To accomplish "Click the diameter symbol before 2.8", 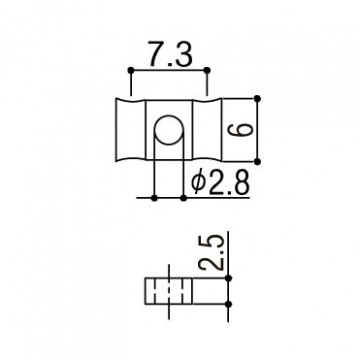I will [x=197, y=183].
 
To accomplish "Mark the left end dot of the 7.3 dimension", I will [x=129, y=70].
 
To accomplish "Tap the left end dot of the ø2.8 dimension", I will [x=154, y=196].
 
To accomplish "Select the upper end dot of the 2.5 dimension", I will [x=230, y=277].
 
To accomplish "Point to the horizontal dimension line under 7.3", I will [x=169, y=70].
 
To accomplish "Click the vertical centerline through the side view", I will [x=168, y=290].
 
